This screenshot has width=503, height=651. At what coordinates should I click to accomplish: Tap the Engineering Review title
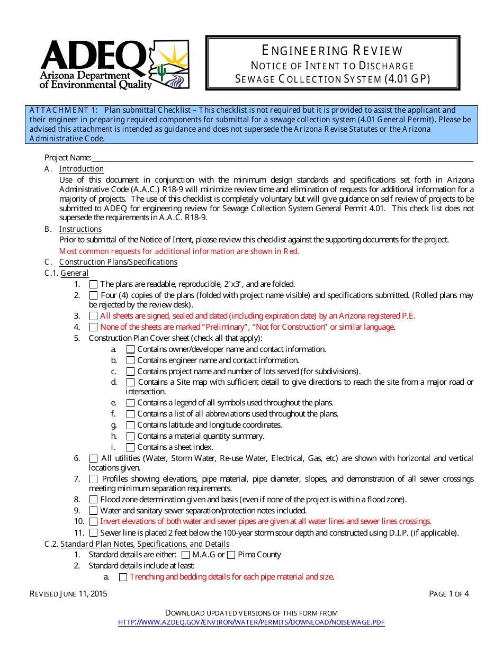[333, 51]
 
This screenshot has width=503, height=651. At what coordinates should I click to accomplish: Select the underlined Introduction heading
[81, 169]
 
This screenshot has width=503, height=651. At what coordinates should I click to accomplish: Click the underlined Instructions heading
[80, 229]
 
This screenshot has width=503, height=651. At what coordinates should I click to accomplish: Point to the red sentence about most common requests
[179, 251]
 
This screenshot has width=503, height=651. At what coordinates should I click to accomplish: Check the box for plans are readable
[93, 284]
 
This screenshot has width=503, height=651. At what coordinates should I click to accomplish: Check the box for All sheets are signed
[93, 316]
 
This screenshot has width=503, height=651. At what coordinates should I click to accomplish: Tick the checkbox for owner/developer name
[130, 349]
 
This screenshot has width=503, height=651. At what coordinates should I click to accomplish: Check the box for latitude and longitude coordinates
[130, 425]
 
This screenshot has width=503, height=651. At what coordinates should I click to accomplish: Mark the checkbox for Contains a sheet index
[130, 447]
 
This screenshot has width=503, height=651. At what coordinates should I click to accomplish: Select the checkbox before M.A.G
[185, 555]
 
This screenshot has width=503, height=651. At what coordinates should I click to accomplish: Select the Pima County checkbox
[231, 555]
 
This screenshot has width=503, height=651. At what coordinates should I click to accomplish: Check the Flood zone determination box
[93, 500]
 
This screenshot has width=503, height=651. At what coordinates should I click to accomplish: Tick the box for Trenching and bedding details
[123, 577]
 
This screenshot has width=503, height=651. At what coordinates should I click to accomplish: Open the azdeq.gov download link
[251, 622]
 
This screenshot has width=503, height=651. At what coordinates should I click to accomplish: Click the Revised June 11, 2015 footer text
[68, 594]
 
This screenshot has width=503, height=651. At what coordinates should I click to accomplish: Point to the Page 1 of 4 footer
[448, 594]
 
